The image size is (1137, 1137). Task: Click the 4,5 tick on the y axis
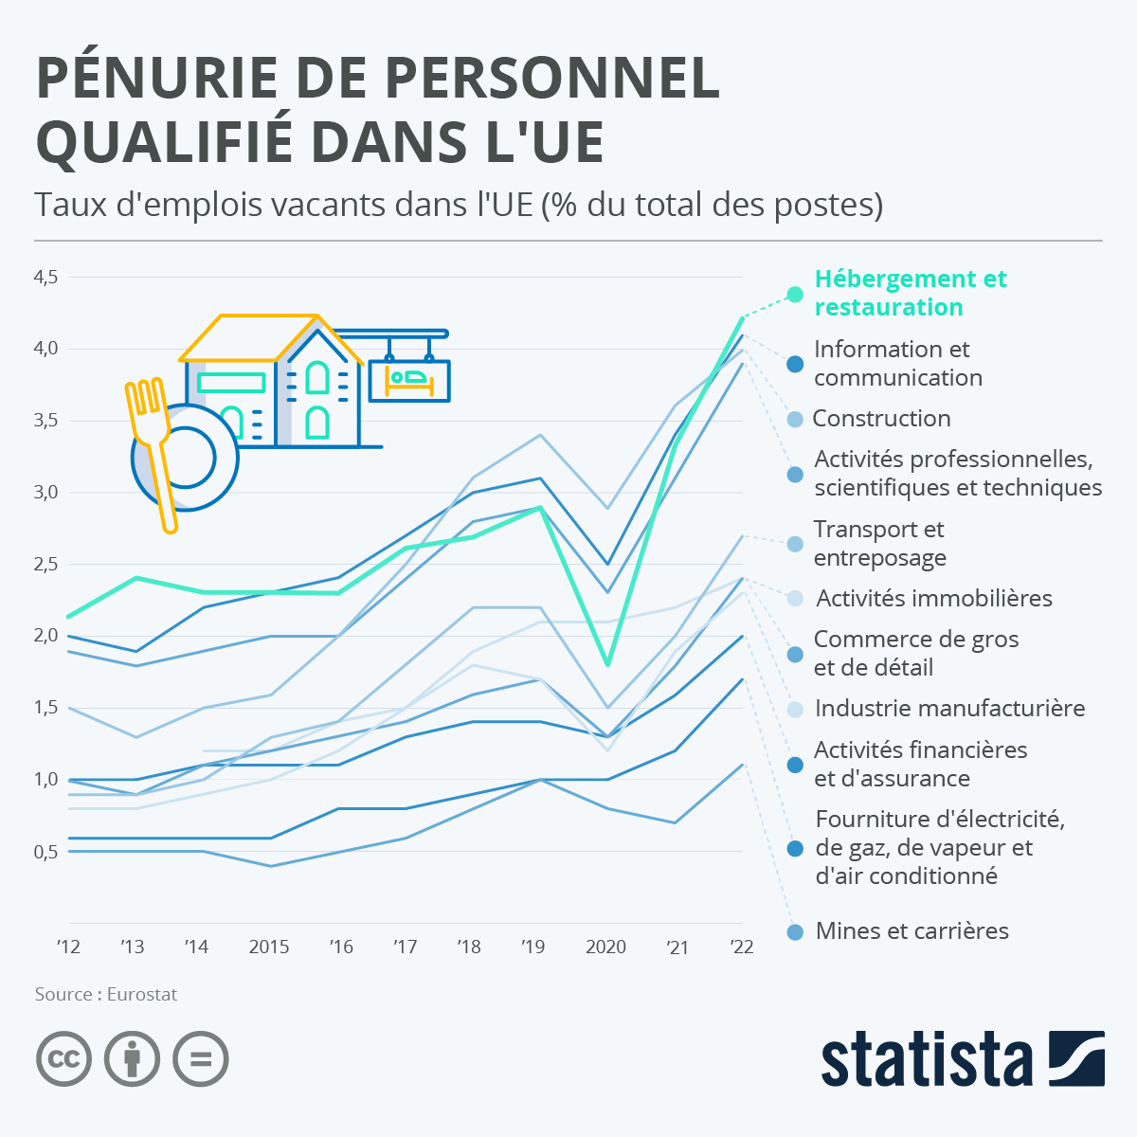(46, 278)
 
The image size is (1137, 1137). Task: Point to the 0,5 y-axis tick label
(46, 852)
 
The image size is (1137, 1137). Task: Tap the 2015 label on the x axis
(269, 947)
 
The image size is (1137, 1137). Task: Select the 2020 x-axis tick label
(606, 947)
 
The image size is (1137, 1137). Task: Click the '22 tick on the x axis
(742, 947)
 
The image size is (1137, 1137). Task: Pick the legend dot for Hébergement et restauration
(796, 294)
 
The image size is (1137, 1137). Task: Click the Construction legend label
(881, 418)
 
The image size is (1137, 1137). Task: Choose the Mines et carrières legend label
(911, 930)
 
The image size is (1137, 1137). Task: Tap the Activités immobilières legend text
(934, 598)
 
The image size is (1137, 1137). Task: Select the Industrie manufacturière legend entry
(949, 708)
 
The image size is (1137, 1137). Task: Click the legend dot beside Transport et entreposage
(796, 544)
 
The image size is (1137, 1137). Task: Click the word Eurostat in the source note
(142, 994)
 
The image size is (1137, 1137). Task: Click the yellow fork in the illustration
(153, 445)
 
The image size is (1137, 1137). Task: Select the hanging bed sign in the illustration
(409, 379)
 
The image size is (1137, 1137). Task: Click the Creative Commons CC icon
(64, 1058)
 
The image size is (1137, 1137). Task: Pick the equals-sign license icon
(201, 1058)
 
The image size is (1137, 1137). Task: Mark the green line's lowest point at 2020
(606, 664)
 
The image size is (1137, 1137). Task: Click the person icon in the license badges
(133, 1058)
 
